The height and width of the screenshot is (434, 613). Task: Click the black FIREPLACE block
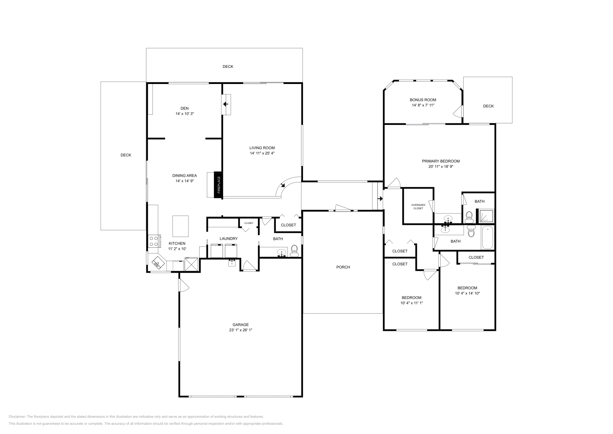tap(218, 185)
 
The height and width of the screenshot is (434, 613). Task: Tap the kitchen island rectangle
tap(180, 226)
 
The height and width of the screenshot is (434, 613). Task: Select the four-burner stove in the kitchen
tap(154, 241)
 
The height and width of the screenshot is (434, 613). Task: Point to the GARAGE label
tap(241, 324)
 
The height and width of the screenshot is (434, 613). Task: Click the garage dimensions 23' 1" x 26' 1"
tap(241, 330)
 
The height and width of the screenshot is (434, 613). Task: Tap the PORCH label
tap(343, 267)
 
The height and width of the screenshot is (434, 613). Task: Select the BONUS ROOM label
tap(423, 100)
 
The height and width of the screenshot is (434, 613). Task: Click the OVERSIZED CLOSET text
tap(418, 207)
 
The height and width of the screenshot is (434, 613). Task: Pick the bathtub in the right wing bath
tap(488, 238)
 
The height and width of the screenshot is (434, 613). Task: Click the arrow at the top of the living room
tap(226, 104)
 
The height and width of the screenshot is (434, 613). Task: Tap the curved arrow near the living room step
tap(283, 185)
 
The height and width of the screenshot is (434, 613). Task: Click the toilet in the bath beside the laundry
tap(294, 251)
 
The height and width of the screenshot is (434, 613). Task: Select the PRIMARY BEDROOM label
tap(441, 161)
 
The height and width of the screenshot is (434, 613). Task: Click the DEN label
tap(185, 108)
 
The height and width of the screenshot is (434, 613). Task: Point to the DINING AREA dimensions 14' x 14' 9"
tap(185, 181)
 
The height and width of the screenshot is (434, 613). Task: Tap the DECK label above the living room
tap(228, 67)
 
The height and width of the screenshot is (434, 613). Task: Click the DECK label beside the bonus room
tap(488, 106)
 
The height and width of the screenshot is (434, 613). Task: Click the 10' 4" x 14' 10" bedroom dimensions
tap(467, 293)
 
